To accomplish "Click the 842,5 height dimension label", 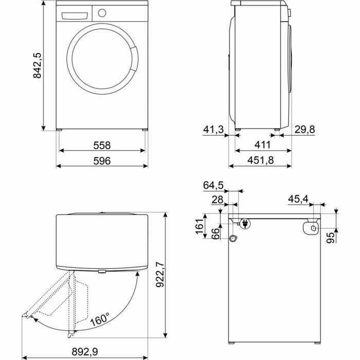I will point(37,65).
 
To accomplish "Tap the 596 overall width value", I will point(102,161).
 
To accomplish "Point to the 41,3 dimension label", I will point(213,130).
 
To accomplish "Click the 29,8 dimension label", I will point(305,130).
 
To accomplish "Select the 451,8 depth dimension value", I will point(260,161).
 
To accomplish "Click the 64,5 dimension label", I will point(213,185).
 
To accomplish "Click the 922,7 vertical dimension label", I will point(160,275).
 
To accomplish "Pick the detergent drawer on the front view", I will point(73,14).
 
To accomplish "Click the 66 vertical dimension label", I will point(216,232).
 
